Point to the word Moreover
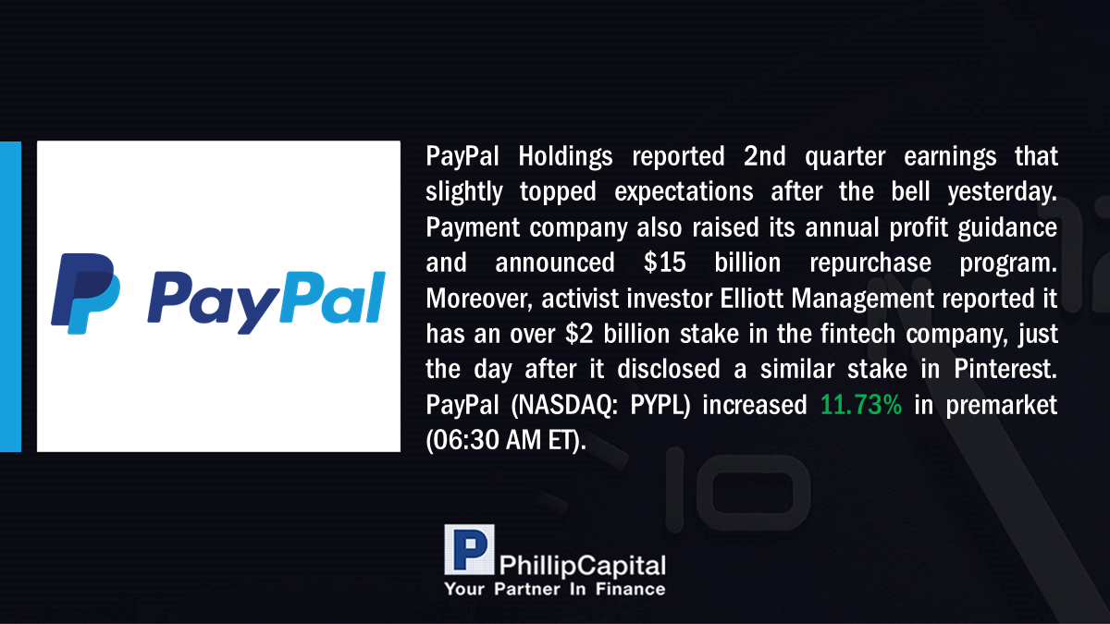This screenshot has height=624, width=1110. [x=476, y=300]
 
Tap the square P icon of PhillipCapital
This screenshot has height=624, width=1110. [x=469, y=549]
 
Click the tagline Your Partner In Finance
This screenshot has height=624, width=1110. [x=554, y=589]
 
